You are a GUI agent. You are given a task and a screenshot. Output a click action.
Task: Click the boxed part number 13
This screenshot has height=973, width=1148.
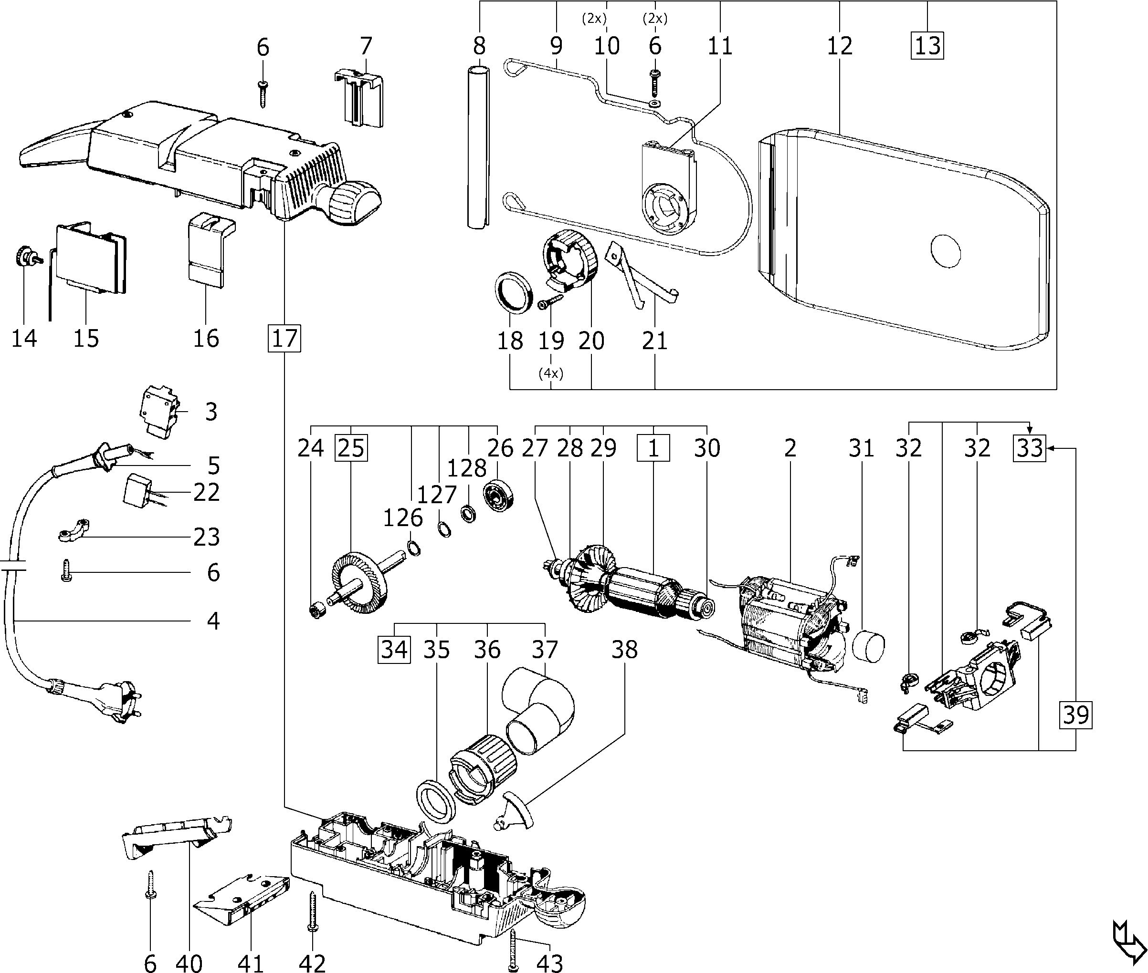click(927, 45)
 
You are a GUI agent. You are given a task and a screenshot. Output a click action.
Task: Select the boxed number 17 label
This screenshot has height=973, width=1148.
click(285, 338)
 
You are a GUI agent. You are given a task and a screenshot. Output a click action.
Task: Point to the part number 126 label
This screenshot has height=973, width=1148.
click(403, 518)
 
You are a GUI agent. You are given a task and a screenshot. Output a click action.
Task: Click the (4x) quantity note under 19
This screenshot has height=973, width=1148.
click(551, 373)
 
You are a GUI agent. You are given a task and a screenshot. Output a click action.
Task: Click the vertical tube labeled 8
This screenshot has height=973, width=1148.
click(478, 146)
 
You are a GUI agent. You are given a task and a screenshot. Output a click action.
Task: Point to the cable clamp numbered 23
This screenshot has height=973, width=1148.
click(73, 531)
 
